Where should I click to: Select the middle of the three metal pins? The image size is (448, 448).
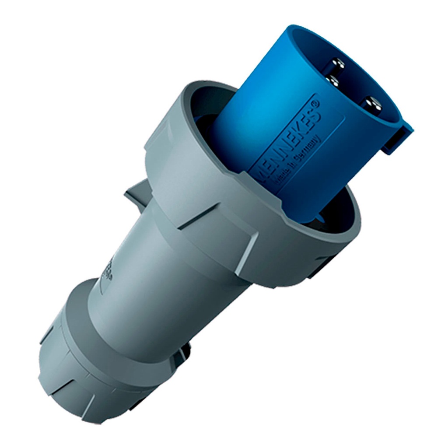click(x=334, y=80)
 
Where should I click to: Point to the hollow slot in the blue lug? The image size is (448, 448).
click(x=392, y=142)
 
